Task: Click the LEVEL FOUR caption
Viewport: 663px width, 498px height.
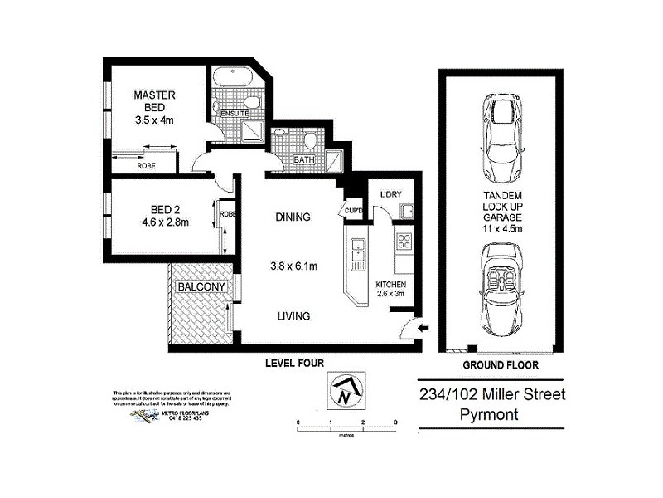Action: point(293,363)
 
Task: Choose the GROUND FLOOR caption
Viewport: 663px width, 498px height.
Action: point(500,364)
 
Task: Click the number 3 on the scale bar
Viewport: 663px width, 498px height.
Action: point(396,422)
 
